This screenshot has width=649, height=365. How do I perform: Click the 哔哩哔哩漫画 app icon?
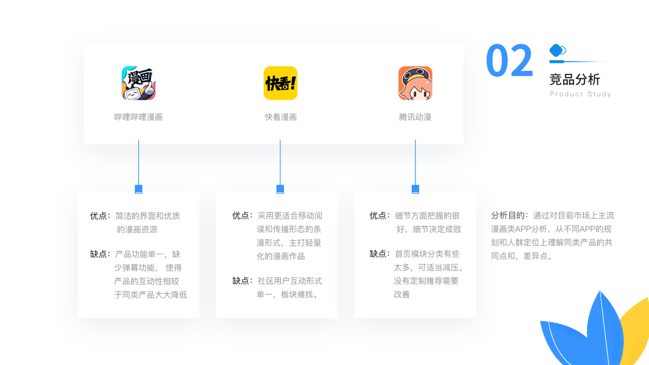[x=139, y=83]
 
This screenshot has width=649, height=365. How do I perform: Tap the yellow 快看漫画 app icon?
[x=280, y=83]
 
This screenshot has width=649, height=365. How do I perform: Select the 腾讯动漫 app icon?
[x=415, y=83]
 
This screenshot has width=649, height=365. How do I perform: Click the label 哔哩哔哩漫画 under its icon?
[x=139, y=117]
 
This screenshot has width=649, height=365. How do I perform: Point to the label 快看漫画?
[x=280, y=117]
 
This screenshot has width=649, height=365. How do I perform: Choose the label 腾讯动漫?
[x=415, y=117]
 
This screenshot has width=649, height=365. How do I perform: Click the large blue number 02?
[x=510, y=61]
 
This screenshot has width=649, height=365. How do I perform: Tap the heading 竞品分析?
[x=574, y=79]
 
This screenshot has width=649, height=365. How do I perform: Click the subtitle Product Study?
[x=580, y=94]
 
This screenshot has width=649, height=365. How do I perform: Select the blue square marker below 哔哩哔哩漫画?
[x=139, y=189]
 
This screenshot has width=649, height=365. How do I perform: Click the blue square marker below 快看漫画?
[x=280, y=189]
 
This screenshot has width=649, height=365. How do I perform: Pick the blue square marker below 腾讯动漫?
[x=415, y=189]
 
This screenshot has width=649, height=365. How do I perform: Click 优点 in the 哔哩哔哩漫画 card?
[x=99, y=216]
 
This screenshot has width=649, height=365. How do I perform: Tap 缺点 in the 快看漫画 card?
[x=241, y=281]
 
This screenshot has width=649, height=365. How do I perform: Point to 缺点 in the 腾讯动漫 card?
[x=379, y=254]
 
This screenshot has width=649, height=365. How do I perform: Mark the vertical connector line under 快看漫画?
[x=280, y=161]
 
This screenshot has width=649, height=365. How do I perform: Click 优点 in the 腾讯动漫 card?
[x=379, y=216]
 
